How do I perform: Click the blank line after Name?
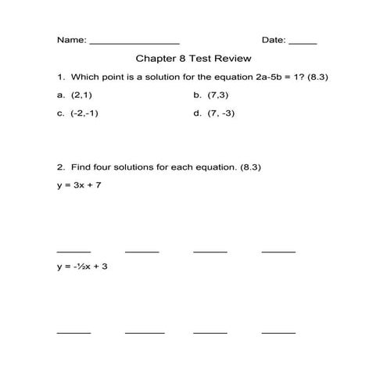[135, 42]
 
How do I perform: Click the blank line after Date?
[303, 42]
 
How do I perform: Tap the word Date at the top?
[273, 39]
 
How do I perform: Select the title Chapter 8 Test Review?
[194, 59]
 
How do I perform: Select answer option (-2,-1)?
[84, 113]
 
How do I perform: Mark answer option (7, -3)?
[221, 113]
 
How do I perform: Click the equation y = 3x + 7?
[78, 185]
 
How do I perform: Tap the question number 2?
[59, 167]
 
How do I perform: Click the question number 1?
[59, 77]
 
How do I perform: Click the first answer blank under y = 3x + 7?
[73, 251]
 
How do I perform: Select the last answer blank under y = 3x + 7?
[278, 251]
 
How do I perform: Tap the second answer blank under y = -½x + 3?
[145, 332]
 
